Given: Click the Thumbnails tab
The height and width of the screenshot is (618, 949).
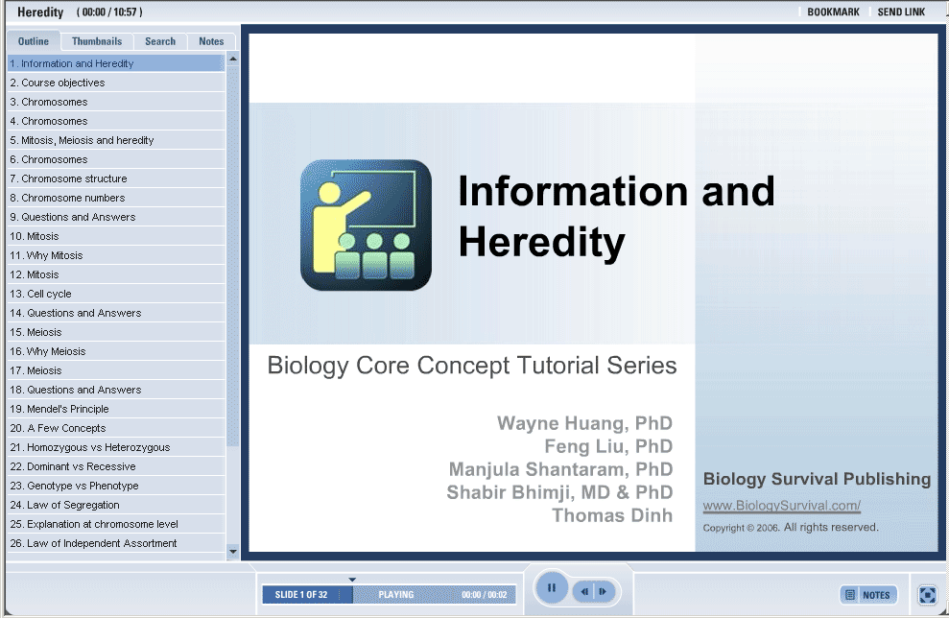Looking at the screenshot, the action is click(x=97, y=41).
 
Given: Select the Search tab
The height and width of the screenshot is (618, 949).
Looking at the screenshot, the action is click(x=160, y=41).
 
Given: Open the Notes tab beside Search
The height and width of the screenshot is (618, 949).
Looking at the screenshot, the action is click(x=211, y=41).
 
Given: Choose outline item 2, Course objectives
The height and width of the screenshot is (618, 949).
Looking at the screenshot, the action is click(x=57, y=83).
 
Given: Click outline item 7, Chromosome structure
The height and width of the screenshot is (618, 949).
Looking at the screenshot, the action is click(x=68, y=178).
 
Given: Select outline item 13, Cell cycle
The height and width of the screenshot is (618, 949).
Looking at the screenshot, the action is click(x=40, y=294).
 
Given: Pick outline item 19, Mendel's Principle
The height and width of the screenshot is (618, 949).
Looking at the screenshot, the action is click(x=59, y=409).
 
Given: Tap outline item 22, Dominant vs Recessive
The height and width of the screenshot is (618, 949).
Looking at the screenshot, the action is click(x=73, y=466).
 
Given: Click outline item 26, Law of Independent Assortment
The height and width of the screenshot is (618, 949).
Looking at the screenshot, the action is click(x=93, y=543).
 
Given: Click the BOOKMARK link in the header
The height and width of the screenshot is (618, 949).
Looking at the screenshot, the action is click(x=833, y=12).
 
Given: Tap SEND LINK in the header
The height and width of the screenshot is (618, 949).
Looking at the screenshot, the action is click(x=901, y=12).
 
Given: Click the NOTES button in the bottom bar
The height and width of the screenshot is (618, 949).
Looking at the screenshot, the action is click(x=867, y=595).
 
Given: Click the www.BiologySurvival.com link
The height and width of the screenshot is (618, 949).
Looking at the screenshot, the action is click(x=781, y=506).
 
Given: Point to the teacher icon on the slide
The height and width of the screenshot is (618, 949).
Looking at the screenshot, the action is click(x=367, y=226).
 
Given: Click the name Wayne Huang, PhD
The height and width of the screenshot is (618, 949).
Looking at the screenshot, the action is click(x=584, y=423).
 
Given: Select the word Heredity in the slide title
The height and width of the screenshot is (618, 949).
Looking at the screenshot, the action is click(x=542, y=242).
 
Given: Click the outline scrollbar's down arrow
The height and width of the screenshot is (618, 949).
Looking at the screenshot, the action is click(x=233, y=552).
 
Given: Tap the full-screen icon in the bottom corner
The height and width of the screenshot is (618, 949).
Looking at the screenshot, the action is click(x=927, y=595).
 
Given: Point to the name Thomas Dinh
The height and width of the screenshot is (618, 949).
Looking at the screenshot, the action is click(x=612, y=515).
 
